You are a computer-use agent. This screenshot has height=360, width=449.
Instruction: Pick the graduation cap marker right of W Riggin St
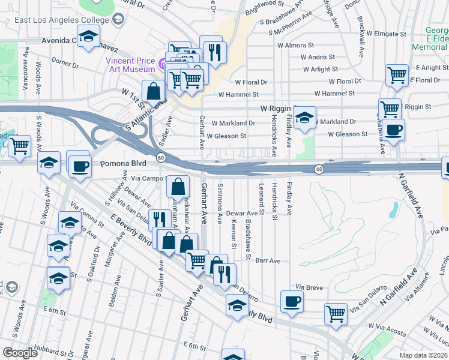305,117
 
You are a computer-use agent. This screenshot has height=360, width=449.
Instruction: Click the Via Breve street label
310,287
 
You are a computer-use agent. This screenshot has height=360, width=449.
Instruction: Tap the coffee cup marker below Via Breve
292,301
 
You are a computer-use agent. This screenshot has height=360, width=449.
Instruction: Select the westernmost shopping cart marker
20,145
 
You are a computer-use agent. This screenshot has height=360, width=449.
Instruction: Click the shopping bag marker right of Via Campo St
178,187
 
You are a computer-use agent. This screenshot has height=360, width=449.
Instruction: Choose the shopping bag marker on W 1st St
154,92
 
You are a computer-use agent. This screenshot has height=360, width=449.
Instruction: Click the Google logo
20,353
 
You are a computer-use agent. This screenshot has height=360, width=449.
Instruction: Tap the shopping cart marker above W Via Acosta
336,313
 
